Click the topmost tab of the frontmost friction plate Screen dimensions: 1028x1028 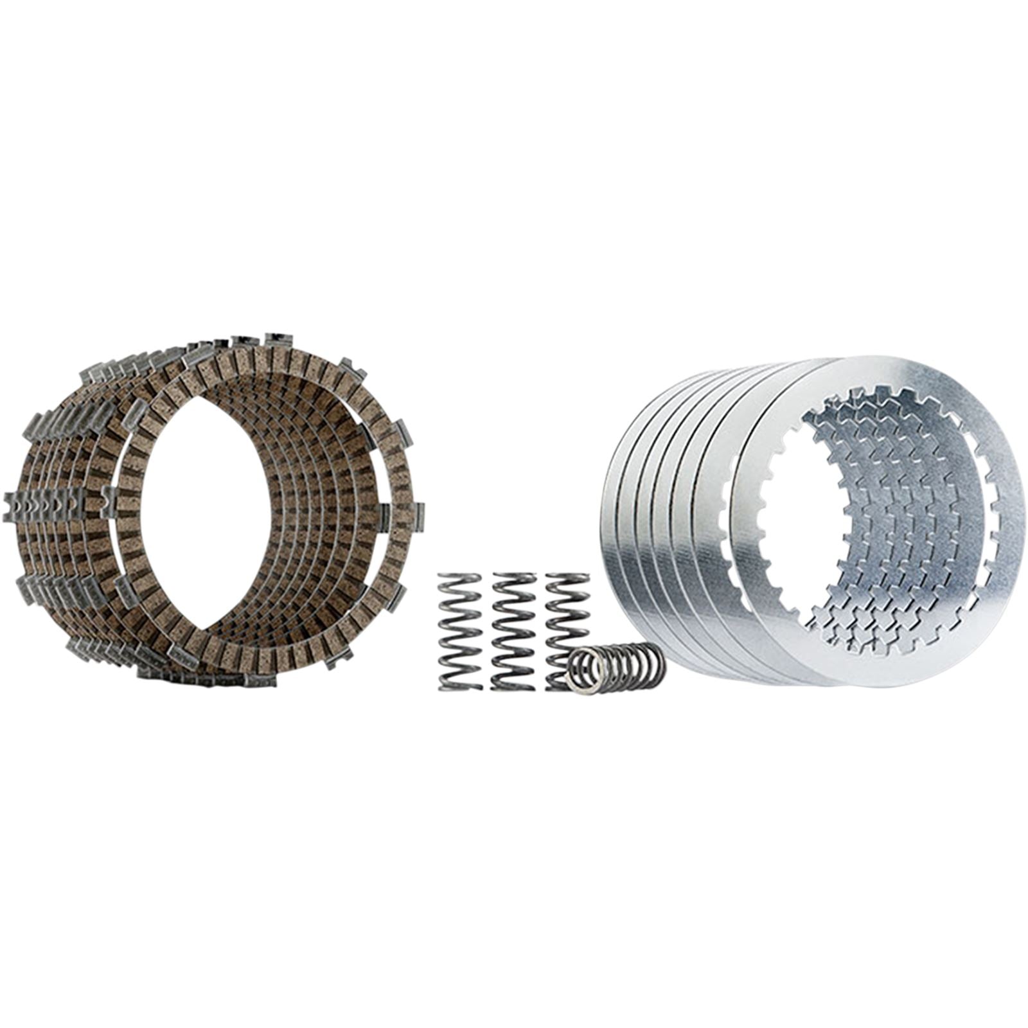click(278, 339)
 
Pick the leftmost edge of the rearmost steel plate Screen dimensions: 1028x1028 click(604, 520)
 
